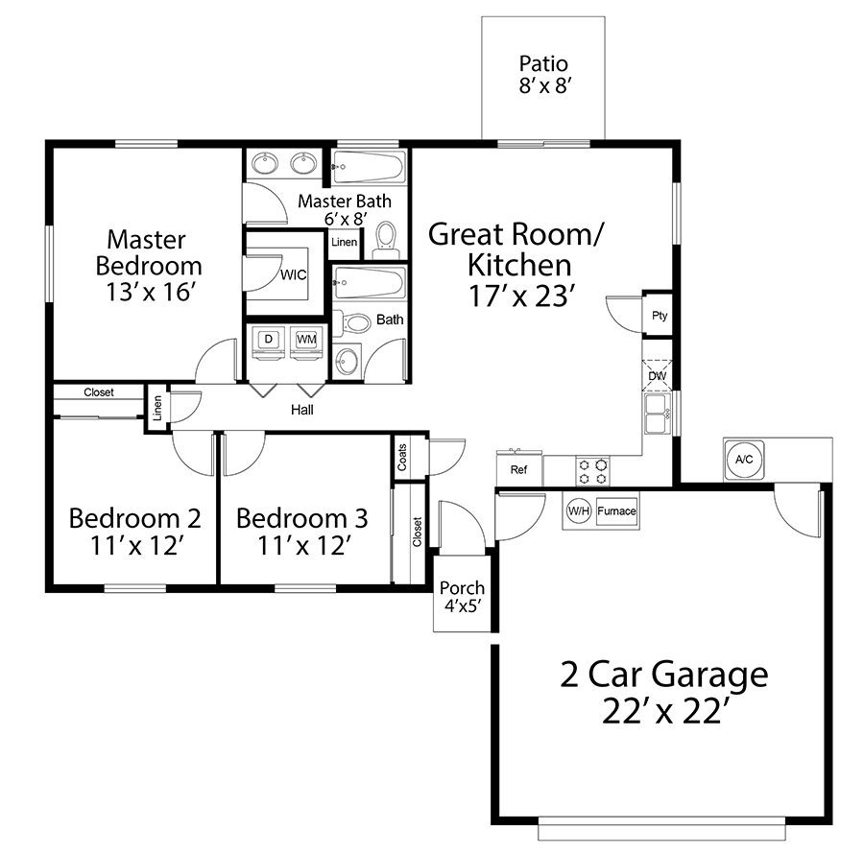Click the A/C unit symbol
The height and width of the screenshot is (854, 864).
(x=743, y=460)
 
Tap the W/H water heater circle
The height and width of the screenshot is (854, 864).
(x=579, y=511)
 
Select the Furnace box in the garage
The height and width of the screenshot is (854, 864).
(x=616, y=511)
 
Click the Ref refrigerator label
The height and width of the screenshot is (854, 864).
(x=518, y=469)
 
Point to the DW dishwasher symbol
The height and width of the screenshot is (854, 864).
(x=658, y=375)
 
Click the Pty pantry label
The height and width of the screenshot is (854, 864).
(x=659, y=316)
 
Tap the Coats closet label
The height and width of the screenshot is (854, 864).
(x=402, y=458)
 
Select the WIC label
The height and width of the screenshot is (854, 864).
(x=293, y=274)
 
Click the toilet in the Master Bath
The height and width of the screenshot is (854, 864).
(x=386, y=241)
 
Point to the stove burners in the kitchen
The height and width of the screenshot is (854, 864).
(x=592, y=471)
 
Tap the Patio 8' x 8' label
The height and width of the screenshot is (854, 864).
(x=543, y=74)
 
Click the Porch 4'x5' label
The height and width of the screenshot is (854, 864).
(x=463, y=596)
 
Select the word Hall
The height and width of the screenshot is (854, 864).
(x=302, y=410)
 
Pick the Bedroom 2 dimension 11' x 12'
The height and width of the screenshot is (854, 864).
(x=136, y=546)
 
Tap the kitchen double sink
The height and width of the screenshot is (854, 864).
(x=658, y=415)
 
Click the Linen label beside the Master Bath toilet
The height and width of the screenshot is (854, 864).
(x=344, y=242)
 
